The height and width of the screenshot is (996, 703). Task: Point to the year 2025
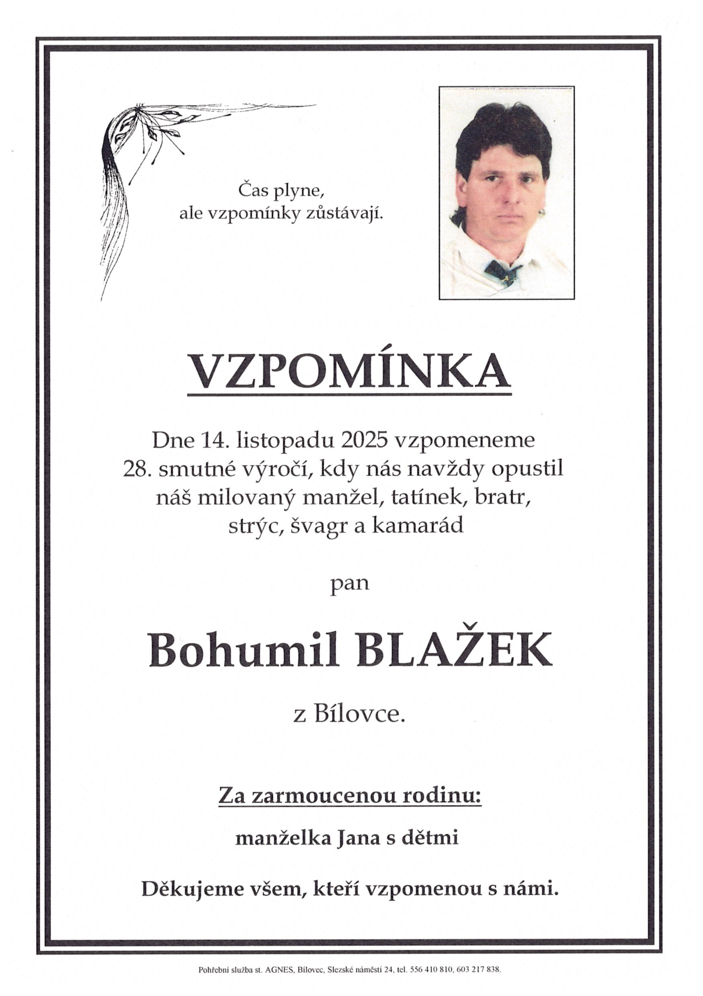click(x=364, y=440)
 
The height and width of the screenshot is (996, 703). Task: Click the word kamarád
click(x=416, y=526)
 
